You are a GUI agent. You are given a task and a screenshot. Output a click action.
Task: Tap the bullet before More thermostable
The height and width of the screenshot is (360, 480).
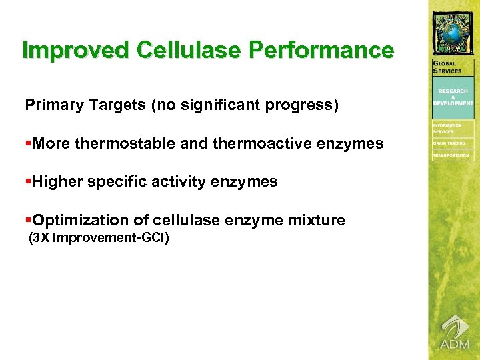pyautogui.click(x=28, y=143)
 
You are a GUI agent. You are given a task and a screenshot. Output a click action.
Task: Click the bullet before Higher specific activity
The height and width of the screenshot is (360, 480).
pyautogui.click(x=28, y=181)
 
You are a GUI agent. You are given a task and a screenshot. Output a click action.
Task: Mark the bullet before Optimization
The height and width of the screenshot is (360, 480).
pyautogui.click(x=28, y=220)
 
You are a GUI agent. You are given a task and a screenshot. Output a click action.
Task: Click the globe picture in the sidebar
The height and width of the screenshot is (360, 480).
pyautogui.click(x=453, y=33)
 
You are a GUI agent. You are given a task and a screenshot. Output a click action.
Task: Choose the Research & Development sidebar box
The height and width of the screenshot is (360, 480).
pyautogui.click(x=453, y=97)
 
